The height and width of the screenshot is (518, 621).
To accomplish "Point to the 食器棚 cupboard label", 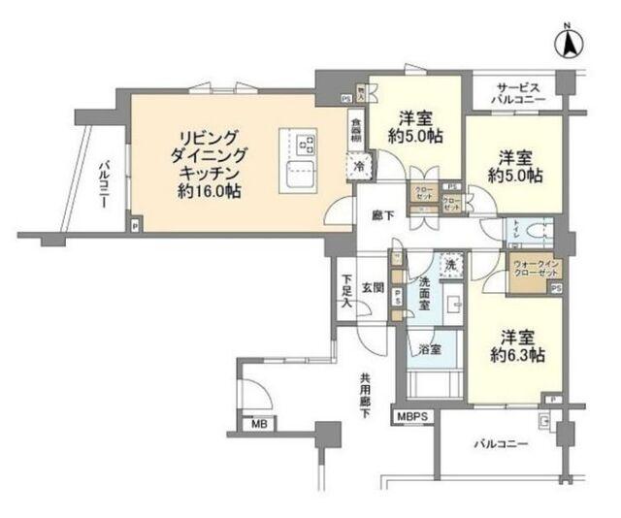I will point(357,131).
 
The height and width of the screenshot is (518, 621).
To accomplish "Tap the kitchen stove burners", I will point(307,146).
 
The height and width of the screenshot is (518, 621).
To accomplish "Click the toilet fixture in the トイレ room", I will point(540,233).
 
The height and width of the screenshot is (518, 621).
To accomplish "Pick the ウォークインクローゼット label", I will point(530,267).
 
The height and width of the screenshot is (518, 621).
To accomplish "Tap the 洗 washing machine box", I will point(449,264).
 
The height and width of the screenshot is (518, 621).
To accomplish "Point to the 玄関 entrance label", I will point(374,286).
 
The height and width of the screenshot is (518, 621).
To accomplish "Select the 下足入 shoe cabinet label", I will point(346,292).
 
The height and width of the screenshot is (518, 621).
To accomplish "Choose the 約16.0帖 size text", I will point(210,192).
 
